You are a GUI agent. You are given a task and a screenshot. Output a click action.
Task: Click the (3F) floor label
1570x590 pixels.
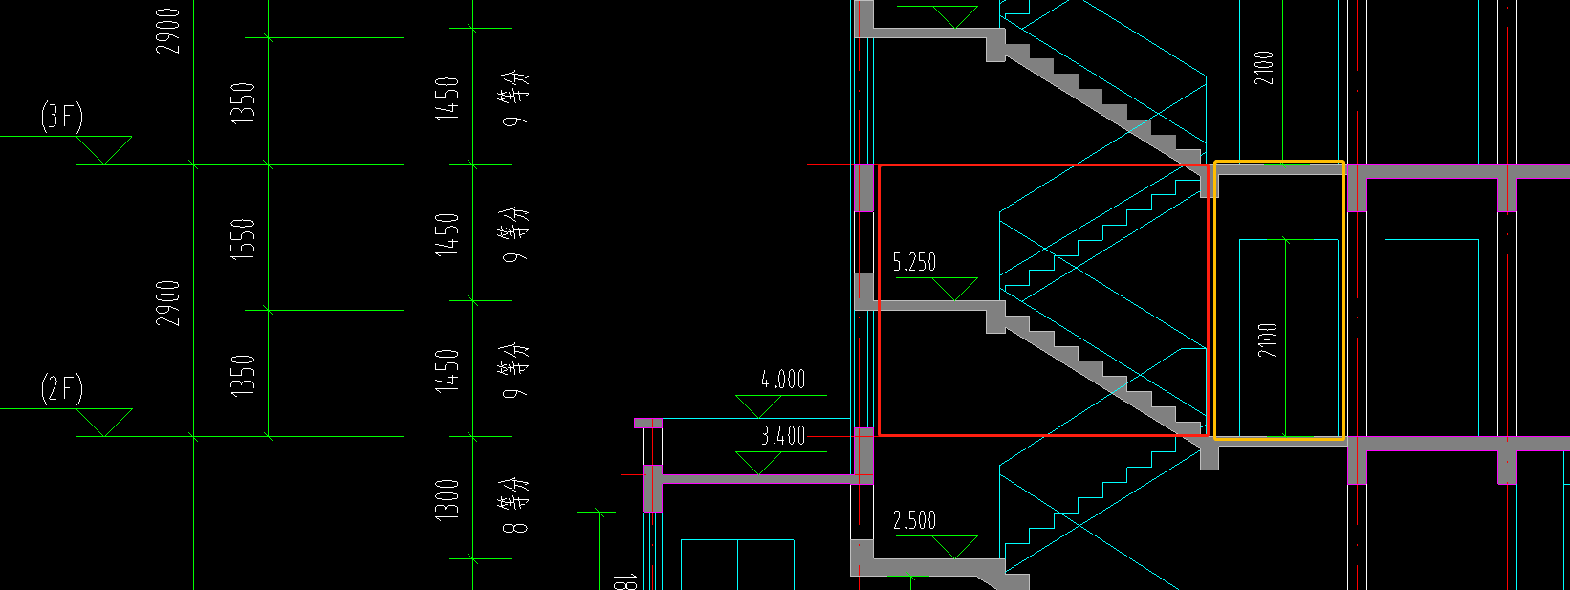pyautogui.click(x=61, y=117)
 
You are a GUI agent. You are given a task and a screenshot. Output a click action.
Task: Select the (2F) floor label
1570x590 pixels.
pyautogui.click(x=61, y=389)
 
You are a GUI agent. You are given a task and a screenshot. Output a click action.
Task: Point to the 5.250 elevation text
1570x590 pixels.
pyautogui.click(x=914, y=262)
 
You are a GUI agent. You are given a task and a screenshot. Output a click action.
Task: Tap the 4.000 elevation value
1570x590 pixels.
pyautogui.click(x=783, y=380)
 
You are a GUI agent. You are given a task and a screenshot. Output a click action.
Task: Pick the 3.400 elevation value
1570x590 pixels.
pyautogui.click(x=783, y=436)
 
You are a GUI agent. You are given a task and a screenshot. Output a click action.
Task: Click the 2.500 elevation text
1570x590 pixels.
pyautogui.click(x=914, y=521)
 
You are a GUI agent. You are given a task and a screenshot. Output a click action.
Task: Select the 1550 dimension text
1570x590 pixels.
pyautogui.click(x=244, y=239)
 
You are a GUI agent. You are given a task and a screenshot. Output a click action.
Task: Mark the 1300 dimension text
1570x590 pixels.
pyautogui.click(x=447, y=498)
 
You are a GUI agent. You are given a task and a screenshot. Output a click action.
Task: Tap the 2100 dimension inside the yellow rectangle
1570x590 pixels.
pyautogui.click(x=1267, y=340)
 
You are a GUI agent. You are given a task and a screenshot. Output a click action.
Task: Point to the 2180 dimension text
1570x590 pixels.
pyautogui.click(x=1264, y=68)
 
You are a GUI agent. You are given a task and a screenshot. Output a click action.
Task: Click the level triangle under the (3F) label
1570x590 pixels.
pyautogui.click(x=103, y=150)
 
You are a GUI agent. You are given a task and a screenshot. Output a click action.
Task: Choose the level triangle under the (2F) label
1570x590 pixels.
pyautogui.click(x=103, y=423)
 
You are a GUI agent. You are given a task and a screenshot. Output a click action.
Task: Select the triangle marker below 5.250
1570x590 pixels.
pyautogui.click(x=953, y=288)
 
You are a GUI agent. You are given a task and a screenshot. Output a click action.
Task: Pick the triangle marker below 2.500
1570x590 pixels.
pyautogui.click(x=953, y=547)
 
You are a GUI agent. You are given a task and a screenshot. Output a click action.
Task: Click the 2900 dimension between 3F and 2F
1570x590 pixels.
pyautogui.click(x=168, y=302)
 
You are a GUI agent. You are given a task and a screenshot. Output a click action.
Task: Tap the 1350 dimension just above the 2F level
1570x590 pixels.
pyautogui.click(x=244, y=375)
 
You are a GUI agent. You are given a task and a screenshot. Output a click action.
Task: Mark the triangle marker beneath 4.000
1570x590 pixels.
pyautogui.click(x=758, y=405)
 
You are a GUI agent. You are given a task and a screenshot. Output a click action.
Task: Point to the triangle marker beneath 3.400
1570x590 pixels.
pyautogui.click(x=758, y=463)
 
